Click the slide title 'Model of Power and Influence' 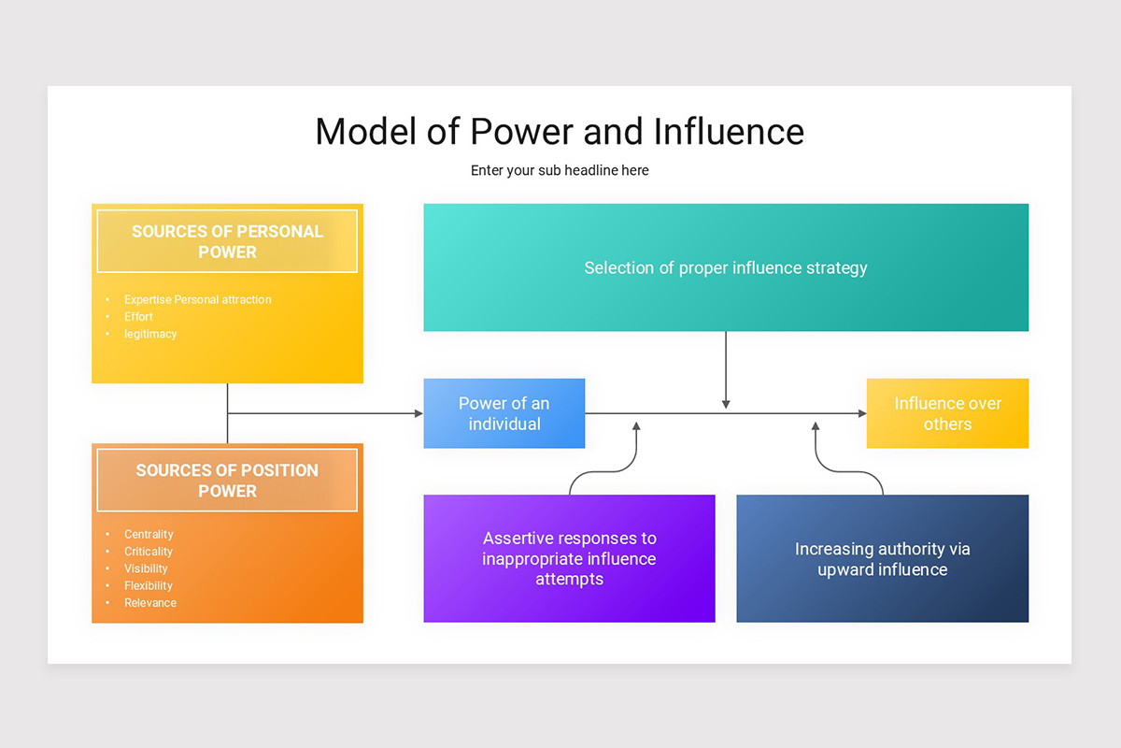(x=560, y=131)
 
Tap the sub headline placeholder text (x=560, y=170)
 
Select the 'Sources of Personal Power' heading (x=227, y=241)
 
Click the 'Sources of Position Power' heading (x=227, y=481)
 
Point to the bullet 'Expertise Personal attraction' (x=197, y=300)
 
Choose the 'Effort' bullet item (x=138, y=317)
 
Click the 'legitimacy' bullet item (x=150, y=334)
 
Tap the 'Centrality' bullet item (x=149, y=535)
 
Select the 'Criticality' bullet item (x=149, y=552)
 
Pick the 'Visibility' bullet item (x=146, y=568)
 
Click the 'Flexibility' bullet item (x=149, y=586)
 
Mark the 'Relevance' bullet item (x=150, y=603)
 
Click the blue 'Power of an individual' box (x=504, y=413)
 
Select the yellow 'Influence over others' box (x=947, y=413)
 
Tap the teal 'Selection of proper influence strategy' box (x=726, y=267)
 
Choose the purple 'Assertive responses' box (x=569, y=558)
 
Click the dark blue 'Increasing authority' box (x=882, y=558)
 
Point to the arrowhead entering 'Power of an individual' (x=418, y=413)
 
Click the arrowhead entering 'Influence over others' (x=861, y=413)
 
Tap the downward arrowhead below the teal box (x=726, y=404)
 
